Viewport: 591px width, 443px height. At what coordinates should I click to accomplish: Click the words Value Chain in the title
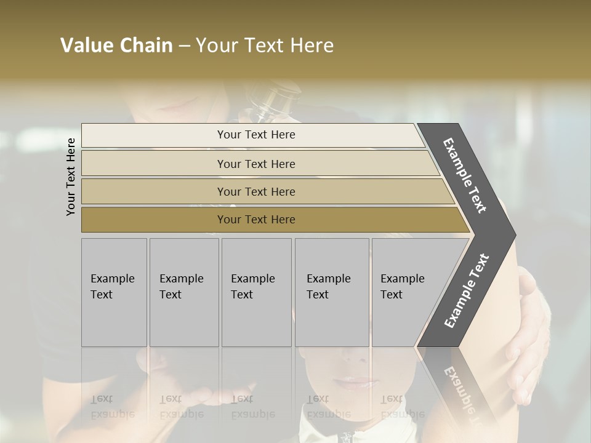click(x=116, y=46)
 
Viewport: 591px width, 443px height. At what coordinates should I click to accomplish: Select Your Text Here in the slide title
click(x=265, y=46)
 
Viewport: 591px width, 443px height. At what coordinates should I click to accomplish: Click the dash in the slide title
click(x=184, y=46)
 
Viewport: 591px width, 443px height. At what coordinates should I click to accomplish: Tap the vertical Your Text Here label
click(x=71, y=177)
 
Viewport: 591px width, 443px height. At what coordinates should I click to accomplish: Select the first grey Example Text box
click(x=114, y=292)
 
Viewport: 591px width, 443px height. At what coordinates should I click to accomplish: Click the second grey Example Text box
click(x=184, y=292)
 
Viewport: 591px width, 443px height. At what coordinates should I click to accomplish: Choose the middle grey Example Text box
click(x=256, y=292)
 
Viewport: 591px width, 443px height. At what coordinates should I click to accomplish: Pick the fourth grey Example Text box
click(x=332, y=292)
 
